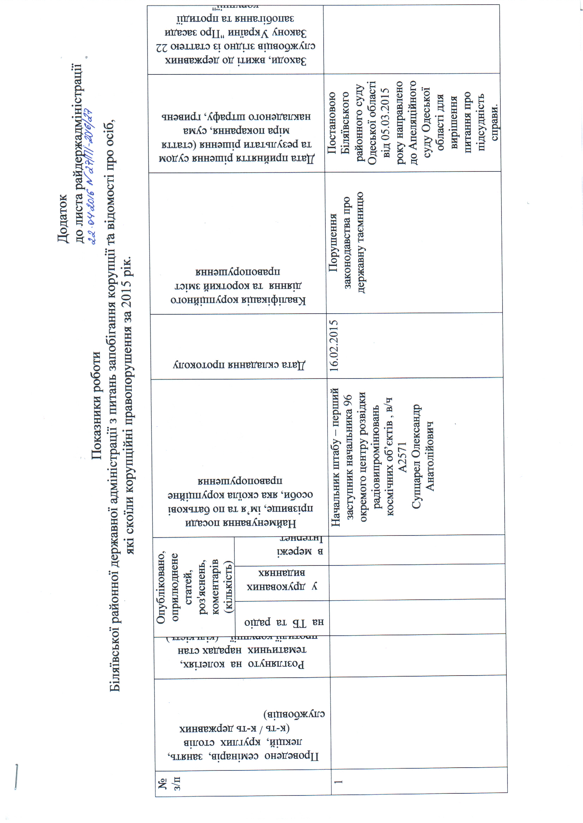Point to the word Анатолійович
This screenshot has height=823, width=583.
[429, 456]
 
